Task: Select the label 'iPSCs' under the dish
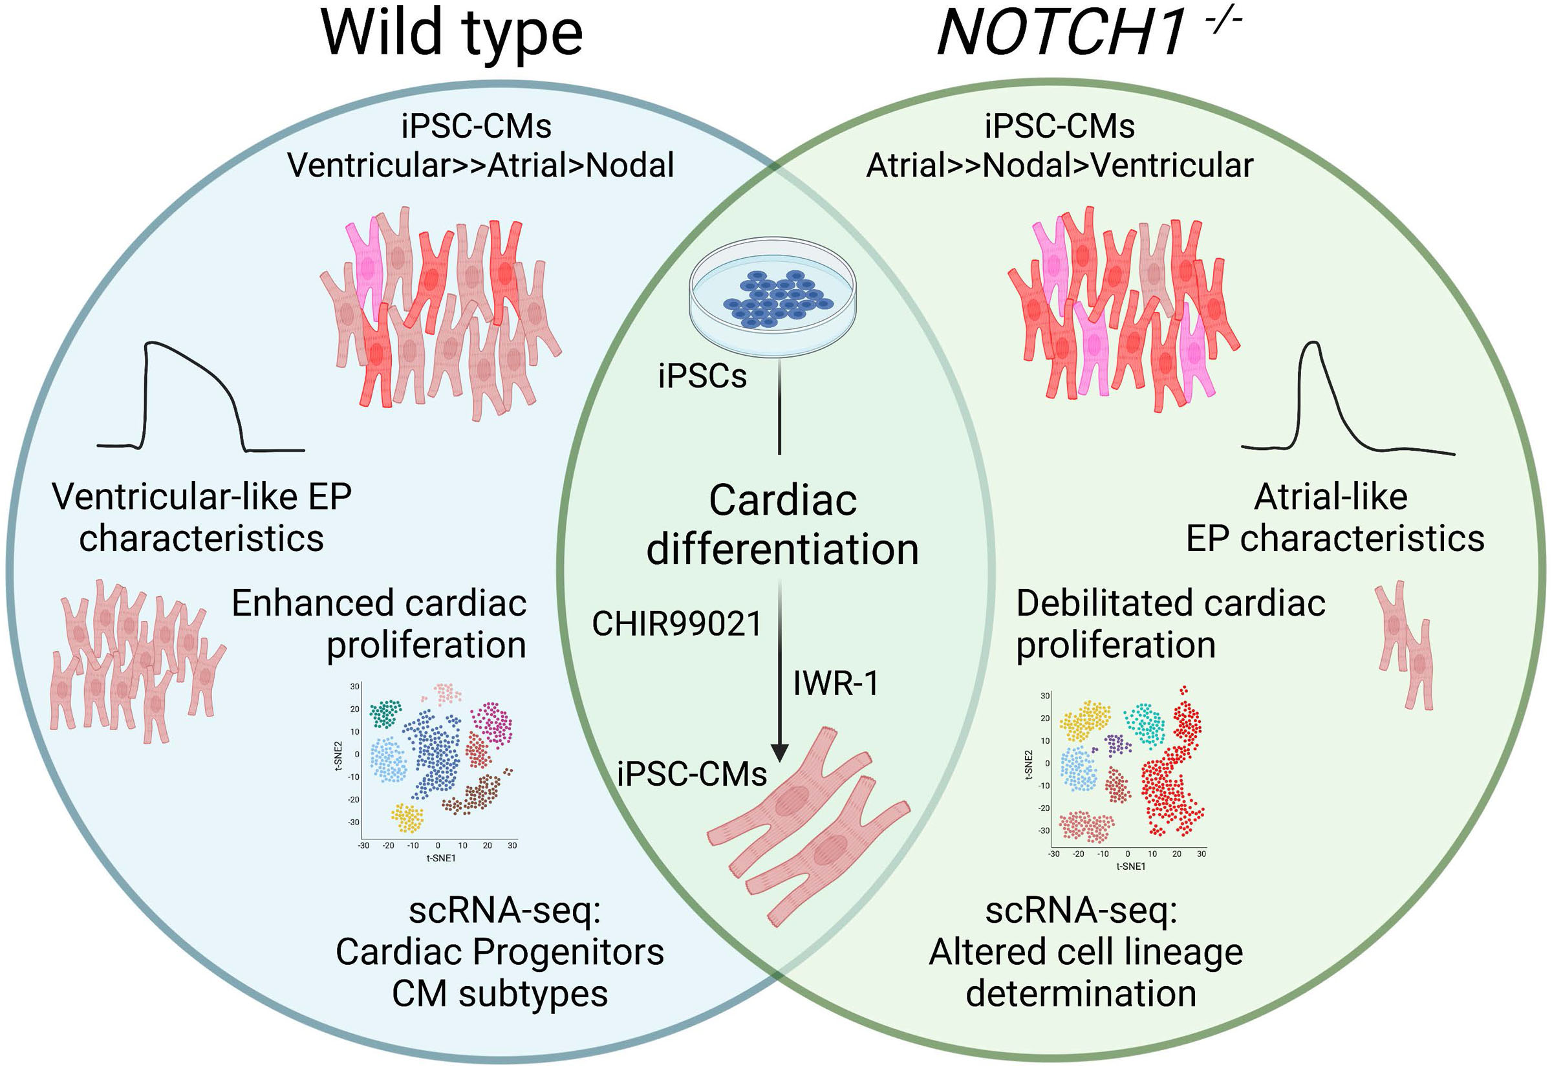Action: point(702,376)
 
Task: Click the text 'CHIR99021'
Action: point(676,624)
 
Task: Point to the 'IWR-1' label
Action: point(835,683)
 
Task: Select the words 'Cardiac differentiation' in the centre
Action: point(782,525)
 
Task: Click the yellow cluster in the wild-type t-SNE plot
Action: point(407,817)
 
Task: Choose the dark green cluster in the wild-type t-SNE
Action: point(385,713)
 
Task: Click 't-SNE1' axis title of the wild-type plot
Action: point(440,857)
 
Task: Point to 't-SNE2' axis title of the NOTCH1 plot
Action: point(1029,765)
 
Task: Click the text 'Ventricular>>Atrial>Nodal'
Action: point(480,165)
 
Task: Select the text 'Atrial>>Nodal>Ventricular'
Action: point(1059,165)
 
